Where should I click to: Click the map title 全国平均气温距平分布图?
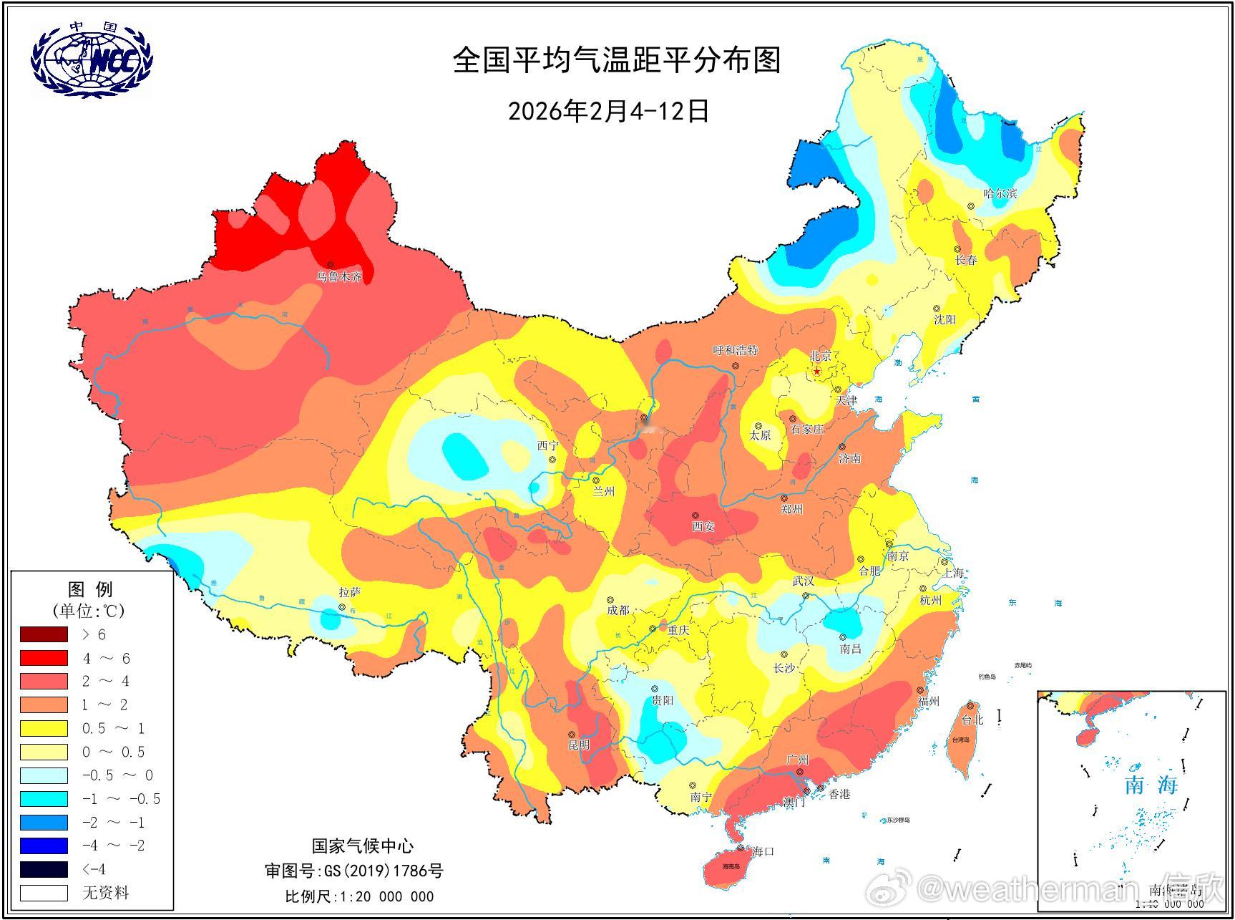tap(616, 60)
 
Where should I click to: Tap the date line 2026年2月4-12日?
tap(608, 111)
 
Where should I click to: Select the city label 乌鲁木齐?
tap(340, 277)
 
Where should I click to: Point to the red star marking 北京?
tap(817, 371)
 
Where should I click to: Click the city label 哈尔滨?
tap(1000, 193)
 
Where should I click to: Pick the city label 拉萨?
tap(350, 592)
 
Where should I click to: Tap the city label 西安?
tap(703, 526)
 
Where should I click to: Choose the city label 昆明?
tap(579, 745)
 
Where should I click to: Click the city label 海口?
tap(763, 851)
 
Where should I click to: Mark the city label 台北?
tap(972, 720)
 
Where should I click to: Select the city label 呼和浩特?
tap(735, 350)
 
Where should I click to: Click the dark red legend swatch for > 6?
tap(44, 634)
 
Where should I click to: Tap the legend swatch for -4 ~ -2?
tap(44, 846)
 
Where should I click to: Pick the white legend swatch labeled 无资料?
tap(44, 893)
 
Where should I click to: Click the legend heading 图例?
tap(90, 589)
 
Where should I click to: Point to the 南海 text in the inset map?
tap(1151, 785)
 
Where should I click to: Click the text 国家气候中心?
tap(362, 846)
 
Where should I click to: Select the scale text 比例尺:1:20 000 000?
tap(359, 896)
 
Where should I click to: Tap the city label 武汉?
tap(803, 581)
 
